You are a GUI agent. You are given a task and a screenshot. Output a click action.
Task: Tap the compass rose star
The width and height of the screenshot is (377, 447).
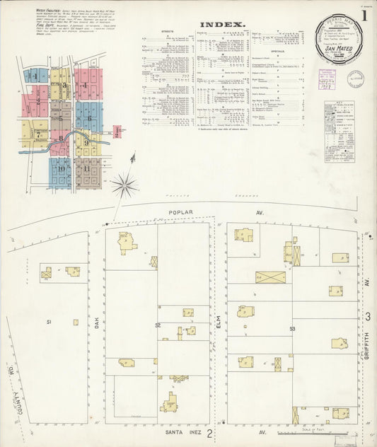click(x=124, y=186)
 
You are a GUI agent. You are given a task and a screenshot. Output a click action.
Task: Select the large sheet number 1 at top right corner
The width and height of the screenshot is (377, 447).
click(x=364, y=15)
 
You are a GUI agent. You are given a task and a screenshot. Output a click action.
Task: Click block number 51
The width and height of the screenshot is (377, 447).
click(x=50, y=323)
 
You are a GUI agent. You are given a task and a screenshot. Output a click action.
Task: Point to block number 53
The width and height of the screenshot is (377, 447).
click(x=291, y=329)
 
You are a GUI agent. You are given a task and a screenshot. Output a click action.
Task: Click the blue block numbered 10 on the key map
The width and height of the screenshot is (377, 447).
click(x=60, y=169)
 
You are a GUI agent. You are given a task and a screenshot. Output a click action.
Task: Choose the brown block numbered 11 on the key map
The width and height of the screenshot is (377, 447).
click(x=86, y=169)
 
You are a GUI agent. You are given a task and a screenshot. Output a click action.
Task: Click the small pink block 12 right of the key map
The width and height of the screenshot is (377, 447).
click(x=117, y=131)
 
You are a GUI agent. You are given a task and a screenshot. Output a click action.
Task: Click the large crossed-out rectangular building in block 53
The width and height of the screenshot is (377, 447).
click(x=270, y=277)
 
